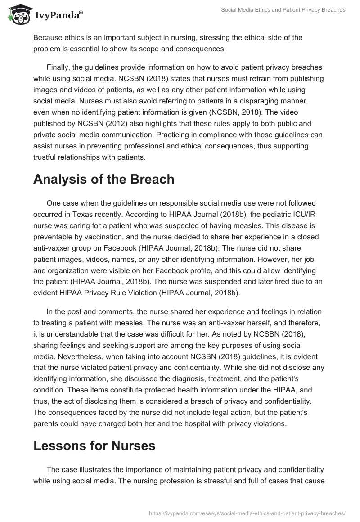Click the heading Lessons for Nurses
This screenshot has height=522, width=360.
point(94,445)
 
